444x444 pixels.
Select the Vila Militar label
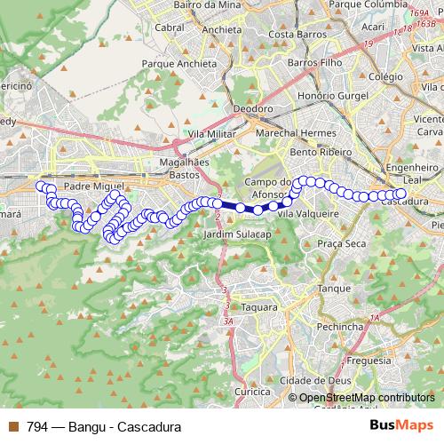click(x=210, y=132)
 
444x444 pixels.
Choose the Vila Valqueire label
click(x=308, y=214)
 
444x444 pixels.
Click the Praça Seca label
click(x=342, y=242)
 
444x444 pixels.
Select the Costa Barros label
click(x=293, y=35)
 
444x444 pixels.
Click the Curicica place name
click(x=251, y=391)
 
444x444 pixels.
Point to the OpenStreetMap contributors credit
click(x=367, y=397)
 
